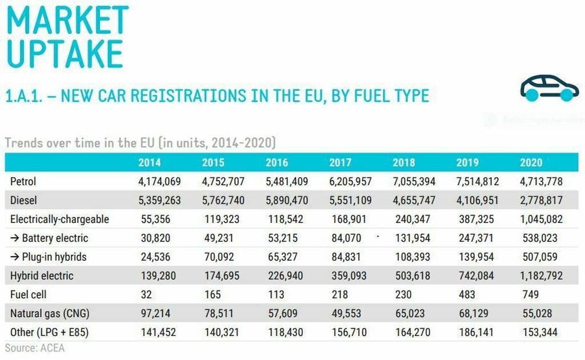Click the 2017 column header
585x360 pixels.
[340, 163]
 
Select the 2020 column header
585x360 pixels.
[531, 163]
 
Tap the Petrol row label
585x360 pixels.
[23, 182]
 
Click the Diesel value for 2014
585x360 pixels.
[161, 201]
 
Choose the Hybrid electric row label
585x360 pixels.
[42, 275]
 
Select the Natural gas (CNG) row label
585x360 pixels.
[50, 313]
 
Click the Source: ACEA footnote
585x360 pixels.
[35, 347]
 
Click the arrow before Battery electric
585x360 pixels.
[15, 238]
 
